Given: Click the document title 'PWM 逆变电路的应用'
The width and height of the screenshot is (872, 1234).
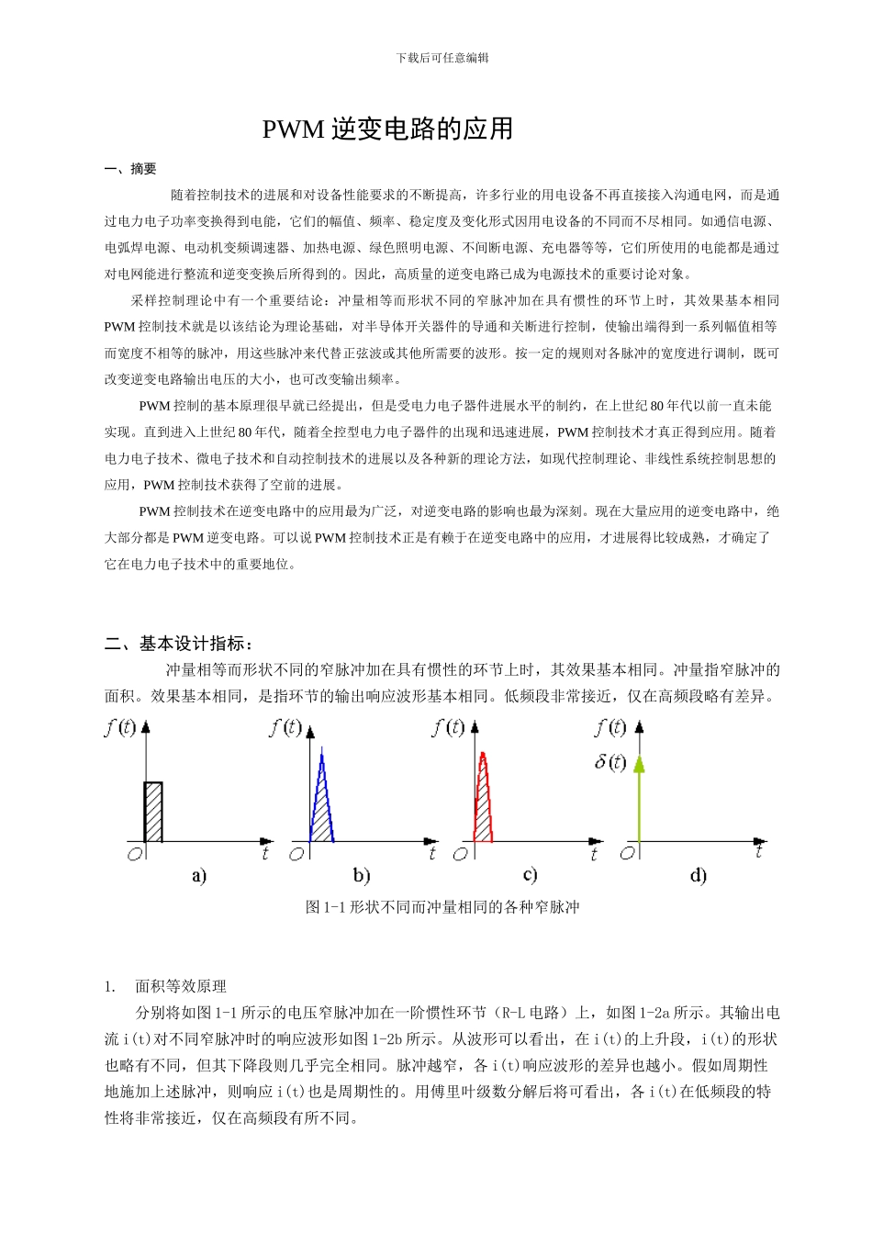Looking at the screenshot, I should (387, 129).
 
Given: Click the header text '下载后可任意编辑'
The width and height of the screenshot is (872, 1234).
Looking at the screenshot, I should (442, 58).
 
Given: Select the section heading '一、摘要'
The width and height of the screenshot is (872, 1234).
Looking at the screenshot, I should (130, 169).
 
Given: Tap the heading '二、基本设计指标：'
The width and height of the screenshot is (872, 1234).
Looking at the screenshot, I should (179, 644).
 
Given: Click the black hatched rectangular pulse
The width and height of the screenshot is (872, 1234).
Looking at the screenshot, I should (153, 812).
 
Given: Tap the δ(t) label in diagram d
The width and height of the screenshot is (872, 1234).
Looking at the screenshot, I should (610, 762).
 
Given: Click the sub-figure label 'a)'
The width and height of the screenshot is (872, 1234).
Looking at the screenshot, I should (199, 876).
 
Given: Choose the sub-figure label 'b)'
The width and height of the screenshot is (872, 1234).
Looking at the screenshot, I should (362, 876).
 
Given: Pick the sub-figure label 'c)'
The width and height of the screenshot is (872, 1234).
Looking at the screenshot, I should (530, 875).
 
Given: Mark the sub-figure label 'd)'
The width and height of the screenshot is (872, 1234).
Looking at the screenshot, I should (699, 876).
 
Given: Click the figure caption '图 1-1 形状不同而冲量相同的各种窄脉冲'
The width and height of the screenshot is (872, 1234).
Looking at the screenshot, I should (442, 907).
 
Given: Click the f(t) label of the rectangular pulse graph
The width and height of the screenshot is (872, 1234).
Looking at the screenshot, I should (120, 728).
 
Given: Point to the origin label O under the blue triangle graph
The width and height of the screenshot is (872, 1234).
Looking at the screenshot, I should (296, 855).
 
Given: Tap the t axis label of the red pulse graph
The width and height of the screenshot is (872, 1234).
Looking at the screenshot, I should (594, 855).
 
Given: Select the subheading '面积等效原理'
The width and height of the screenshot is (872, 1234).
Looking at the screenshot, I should (181, 986).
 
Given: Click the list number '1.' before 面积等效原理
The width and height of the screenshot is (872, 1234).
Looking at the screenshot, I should (110, 986).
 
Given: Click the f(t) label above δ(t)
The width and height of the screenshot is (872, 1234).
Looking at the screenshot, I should (610, 728).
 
